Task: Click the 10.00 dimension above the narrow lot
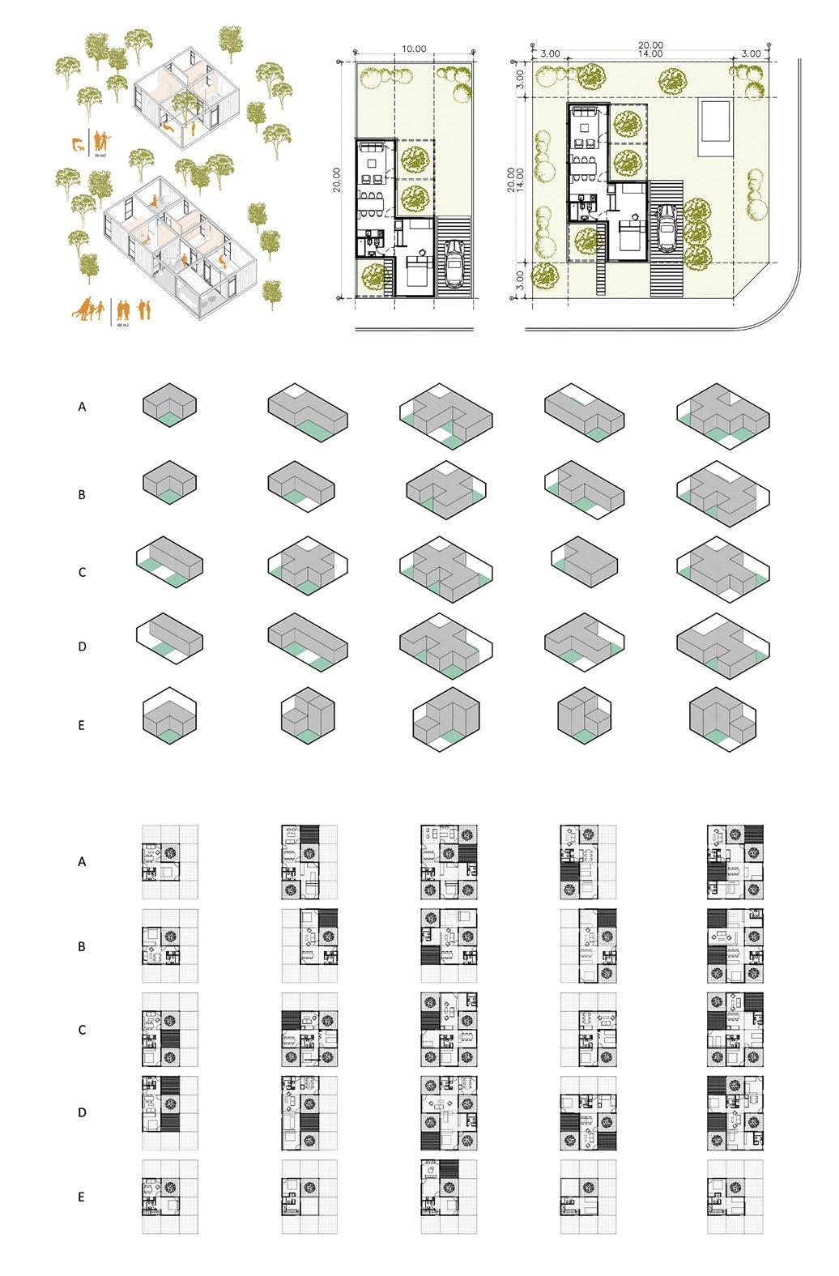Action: [x=413, y=49]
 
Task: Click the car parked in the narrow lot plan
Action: [x=453, y=264]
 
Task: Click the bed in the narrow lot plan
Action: [x=415, y=269]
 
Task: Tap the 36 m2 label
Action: [x=100, y=153]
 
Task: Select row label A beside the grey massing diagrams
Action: [x=81, y=408]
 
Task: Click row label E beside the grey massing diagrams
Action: [x=81, y=725]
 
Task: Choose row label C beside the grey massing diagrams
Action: [x=81, y=572]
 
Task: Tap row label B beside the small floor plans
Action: [x=81, y=946]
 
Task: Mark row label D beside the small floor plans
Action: [x=81, y=1113]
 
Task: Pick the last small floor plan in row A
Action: [x=735, y=861]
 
